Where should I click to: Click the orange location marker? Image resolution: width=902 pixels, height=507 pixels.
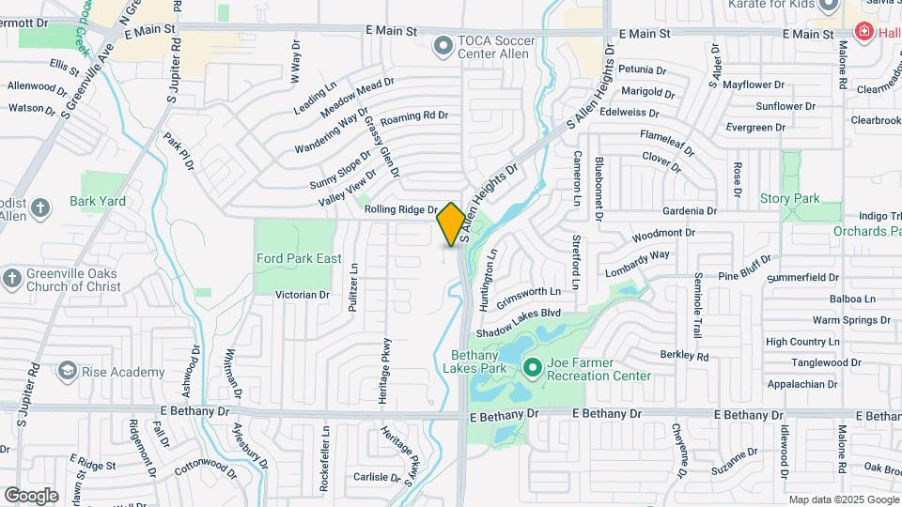451,224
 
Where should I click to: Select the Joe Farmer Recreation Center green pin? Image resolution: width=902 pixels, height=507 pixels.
532,367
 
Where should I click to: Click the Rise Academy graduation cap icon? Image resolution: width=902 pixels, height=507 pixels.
67,372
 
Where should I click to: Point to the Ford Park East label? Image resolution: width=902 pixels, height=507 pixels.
295,258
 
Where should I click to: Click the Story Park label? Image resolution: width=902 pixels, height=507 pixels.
789,198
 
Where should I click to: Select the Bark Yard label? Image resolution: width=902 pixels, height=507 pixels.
98,201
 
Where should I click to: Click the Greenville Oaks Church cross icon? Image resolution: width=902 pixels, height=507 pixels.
11,278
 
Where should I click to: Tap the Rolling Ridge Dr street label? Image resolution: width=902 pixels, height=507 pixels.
401,210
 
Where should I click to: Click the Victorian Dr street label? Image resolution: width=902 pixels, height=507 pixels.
302,295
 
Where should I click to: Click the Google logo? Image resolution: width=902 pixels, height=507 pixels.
30,496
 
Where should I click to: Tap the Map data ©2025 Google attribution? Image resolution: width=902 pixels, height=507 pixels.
844,499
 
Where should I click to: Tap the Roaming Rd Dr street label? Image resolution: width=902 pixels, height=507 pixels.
414,116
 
